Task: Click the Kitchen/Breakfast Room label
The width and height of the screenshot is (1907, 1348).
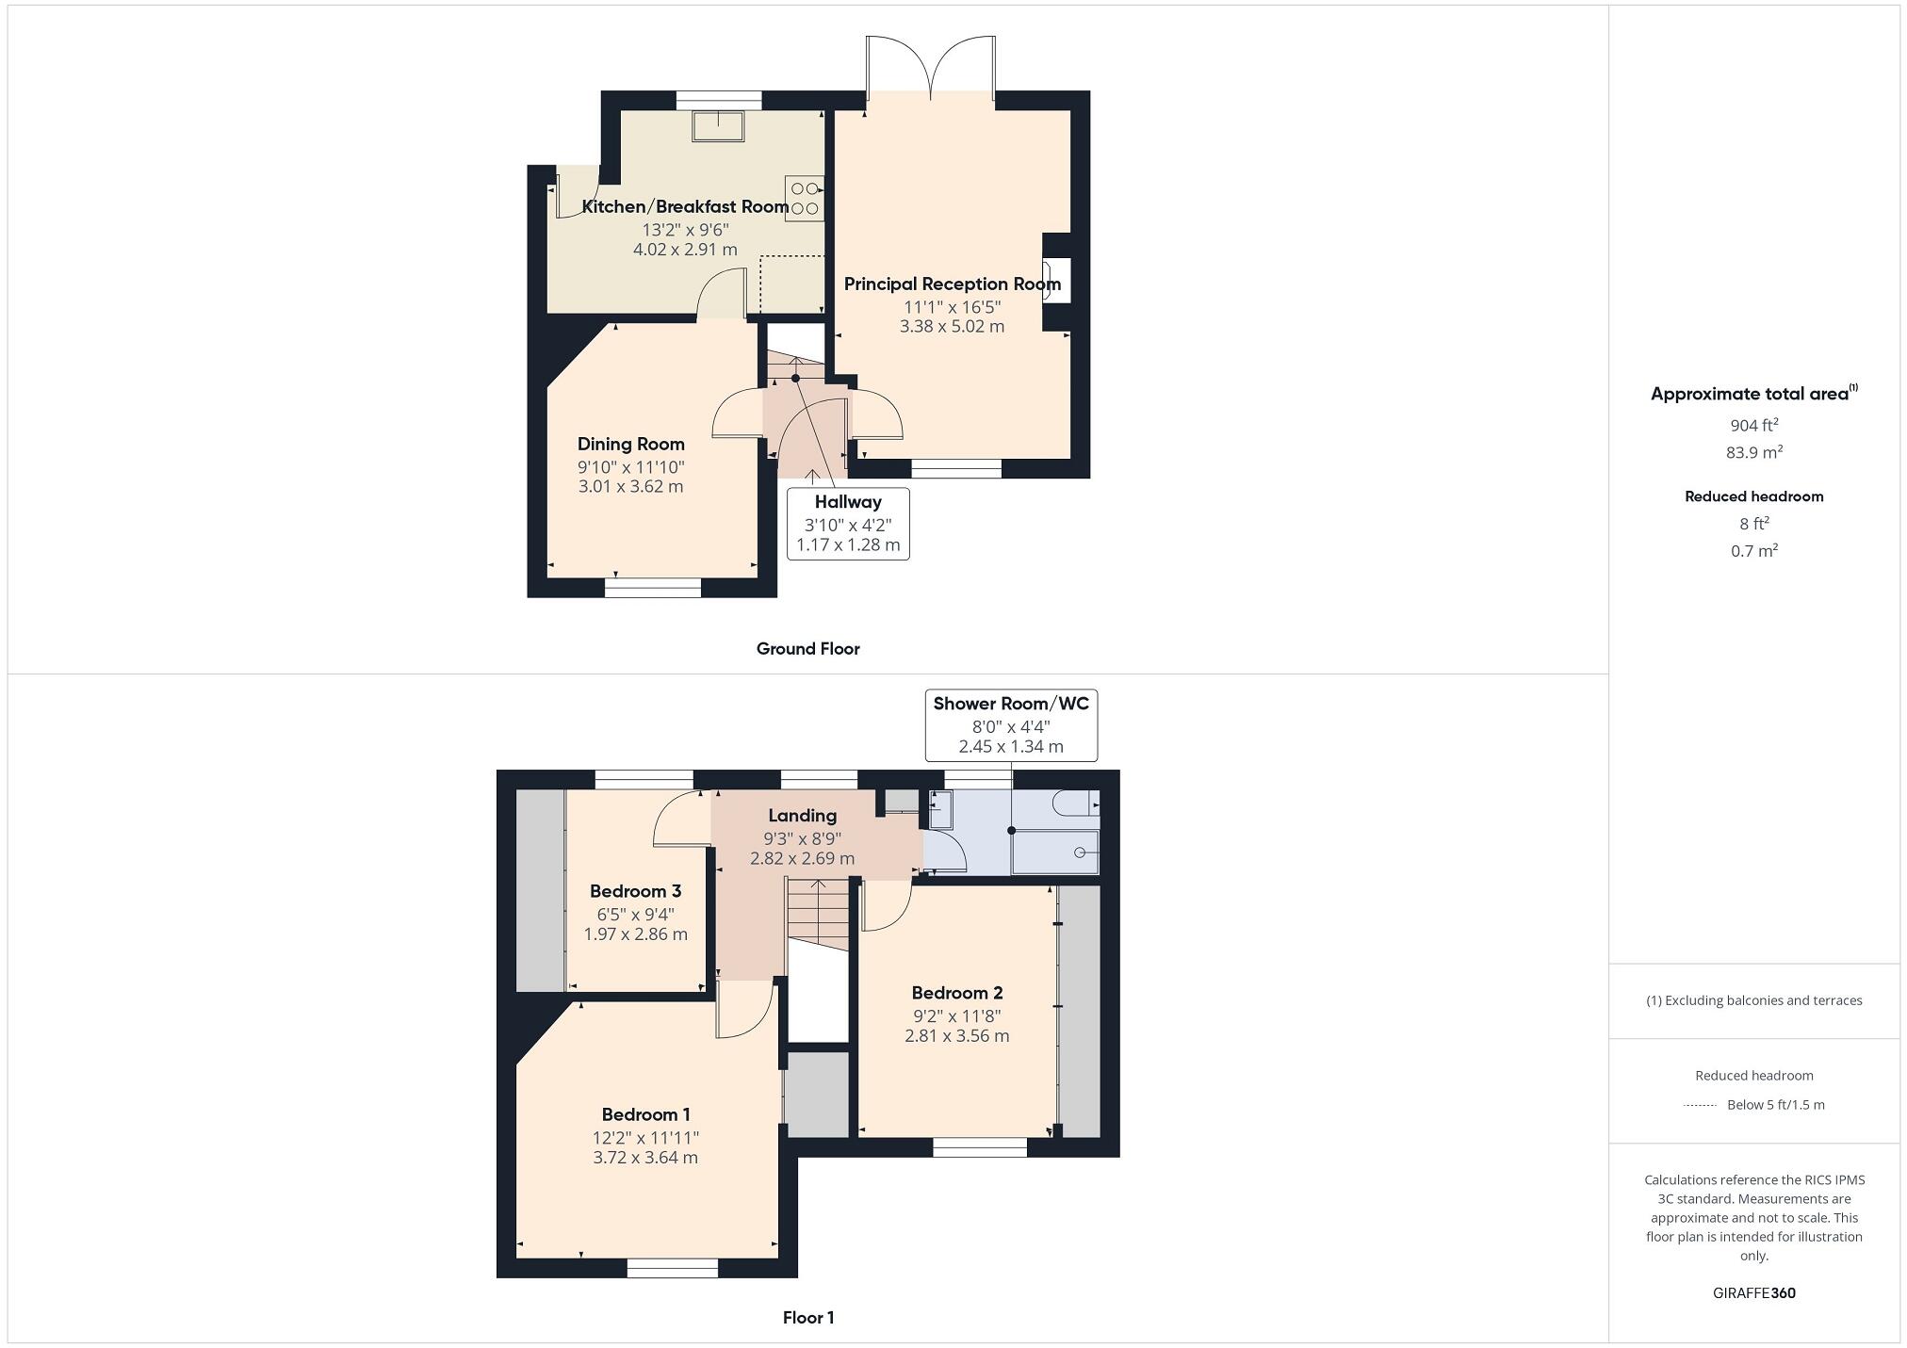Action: (x=685, y=206)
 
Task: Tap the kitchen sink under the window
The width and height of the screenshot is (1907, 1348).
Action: (x=718, y=125)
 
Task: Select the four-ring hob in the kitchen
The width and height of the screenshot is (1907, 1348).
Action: (x=804, y=198)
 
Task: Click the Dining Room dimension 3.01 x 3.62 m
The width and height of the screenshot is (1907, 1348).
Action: (x=630, y=487)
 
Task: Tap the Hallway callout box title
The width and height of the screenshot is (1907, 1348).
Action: (x=848, y=502)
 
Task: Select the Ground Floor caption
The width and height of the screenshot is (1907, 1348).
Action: (x=807, y=648)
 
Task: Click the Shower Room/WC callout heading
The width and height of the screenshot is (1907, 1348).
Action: (x=1010, y=704)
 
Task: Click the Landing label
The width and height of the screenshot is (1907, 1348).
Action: (x=802, y=816)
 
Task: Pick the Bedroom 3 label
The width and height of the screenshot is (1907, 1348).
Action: (x=635, y=891)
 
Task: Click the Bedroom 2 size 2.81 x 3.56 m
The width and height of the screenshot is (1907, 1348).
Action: (x=956, y=1036)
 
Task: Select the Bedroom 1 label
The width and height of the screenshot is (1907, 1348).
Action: (x=645, y=1114)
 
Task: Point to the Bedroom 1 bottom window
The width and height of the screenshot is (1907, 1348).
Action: (x=672, y=1268)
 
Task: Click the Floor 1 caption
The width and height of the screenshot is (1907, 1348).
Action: (x=807, y=1317)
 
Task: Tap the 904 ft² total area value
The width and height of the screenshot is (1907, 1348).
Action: (x=1753, y=425)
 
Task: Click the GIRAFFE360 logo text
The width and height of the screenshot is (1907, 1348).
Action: (x=1753, y=1293)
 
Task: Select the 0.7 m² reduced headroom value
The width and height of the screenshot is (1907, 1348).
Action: (x=1753, y=551)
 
